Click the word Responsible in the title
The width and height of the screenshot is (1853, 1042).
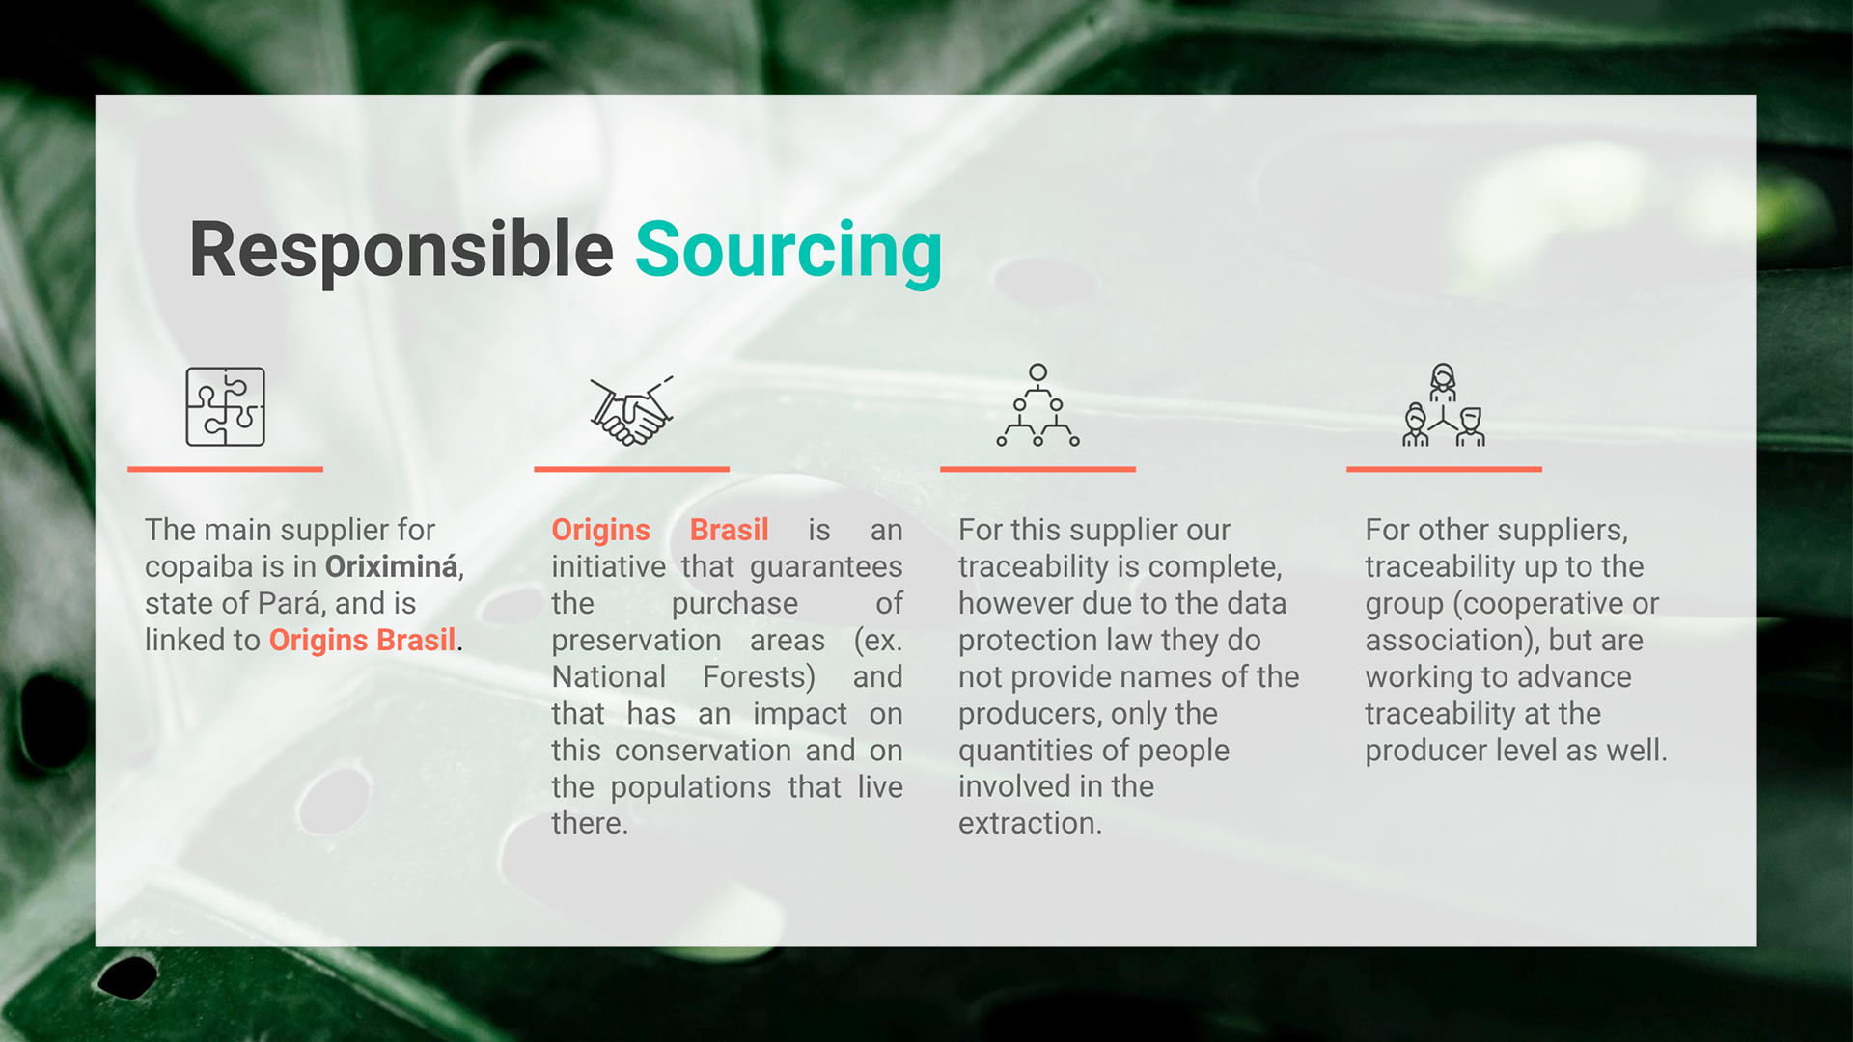click(x=401, y=251)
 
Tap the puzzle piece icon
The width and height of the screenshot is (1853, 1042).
click(x=225, y=406)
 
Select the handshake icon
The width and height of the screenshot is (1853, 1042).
click(x=631, y=410)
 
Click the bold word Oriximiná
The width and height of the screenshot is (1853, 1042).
click(x=392, y=566)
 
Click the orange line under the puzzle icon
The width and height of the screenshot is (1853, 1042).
click(x=225, y=469)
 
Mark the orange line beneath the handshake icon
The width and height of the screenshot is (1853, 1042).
click(x=631, y=469)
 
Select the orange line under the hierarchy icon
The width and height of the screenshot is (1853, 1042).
click(x=1037, y=469)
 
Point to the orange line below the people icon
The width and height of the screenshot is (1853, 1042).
click(x=1444, y=469)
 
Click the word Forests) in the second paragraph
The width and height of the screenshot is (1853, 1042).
click(x=759, y=677)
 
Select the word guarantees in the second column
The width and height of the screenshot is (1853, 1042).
click(x=826, y=567)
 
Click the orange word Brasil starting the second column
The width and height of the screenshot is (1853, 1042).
click(x=729, y=530)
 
